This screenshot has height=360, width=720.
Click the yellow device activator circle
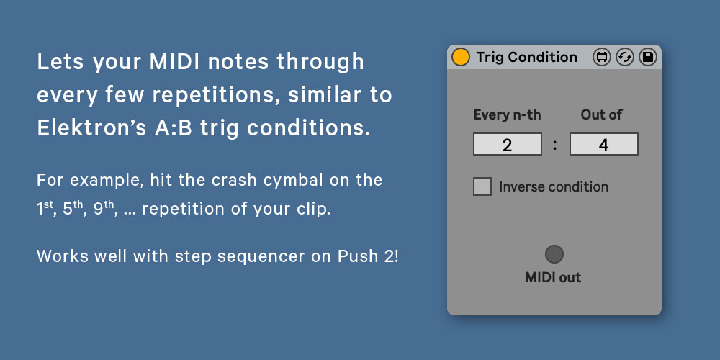(x=461, y=57)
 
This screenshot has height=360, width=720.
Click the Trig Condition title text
(x=527, y=57)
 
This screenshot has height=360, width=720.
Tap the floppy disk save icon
(x=647, y=57)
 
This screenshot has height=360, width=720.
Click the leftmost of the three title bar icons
(x=601, y=57)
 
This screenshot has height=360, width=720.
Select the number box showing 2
(x=508, y=144)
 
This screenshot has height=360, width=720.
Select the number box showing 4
(x=604, y=144)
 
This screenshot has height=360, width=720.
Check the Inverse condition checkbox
(x=482, y=187)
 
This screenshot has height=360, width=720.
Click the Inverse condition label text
(x=554, y=187)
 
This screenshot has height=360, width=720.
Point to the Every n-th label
(x=508, y=114)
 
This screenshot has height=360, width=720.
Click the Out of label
(x=601, y=114)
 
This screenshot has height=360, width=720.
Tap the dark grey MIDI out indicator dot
(x=554, y=254)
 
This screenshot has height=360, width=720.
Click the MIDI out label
(x=553, y=277)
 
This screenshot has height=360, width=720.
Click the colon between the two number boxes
(x=555, y=145)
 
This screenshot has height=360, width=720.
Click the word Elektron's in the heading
(x=91, y=129)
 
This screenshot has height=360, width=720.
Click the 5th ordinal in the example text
(x=73, y=209)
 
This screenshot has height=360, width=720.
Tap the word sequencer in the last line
(x=261, y=257)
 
